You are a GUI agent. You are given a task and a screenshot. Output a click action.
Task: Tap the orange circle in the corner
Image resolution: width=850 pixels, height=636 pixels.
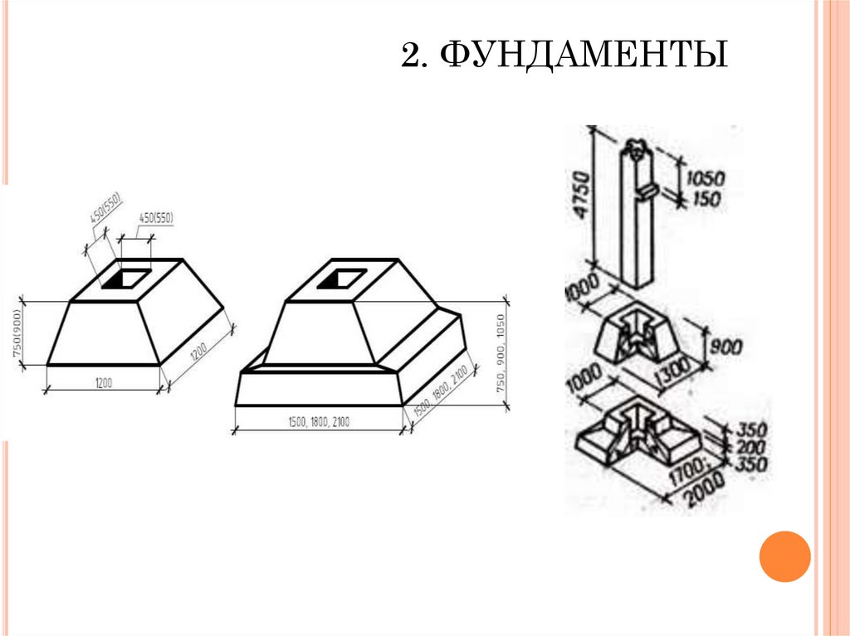click(784, 556)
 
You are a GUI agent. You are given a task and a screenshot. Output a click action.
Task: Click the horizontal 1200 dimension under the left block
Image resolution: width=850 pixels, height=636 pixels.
click(103, 382)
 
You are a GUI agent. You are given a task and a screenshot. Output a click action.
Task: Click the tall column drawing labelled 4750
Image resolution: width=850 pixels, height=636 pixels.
click(638, 216)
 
